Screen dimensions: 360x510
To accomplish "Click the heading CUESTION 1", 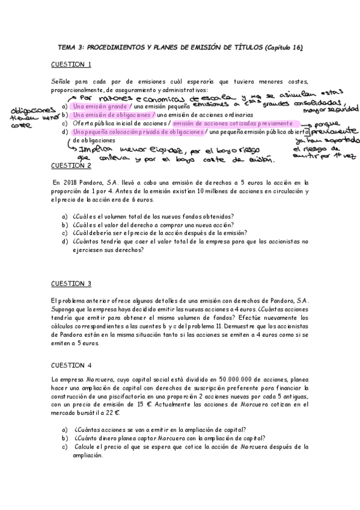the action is point(71,64).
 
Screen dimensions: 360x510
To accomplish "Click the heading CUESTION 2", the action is point(71,165).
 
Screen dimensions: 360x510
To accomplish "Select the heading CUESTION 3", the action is point(71,283).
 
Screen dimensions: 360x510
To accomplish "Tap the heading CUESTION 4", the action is point(71,365).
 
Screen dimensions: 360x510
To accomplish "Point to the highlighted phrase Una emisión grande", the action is point(100,106).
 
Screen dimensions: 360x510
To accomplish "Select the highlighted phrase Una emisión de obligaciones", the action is point(112,114).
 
